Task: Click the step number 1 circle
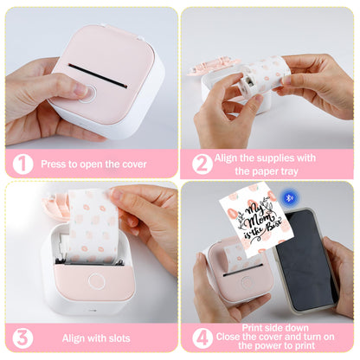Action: (22, 164)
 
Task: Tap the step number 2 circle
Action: (202, 164)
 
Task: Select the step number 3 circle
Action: (22, 337)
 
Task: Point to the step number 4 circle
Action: (202, 337)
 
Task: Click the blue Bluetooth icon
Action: (290, 197)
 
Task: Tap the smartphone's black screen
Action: (306, 260)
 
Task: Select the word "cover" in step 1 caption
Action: (134, 164)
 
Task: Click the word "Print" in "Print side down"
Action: (252, 328)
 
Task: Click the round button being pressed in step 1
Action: (87, 93)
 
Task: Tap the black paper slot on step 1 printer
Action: (98, 75)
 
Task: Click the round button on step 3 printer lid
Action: (96, 281)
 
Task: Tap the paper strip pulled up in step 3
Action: (93, 226)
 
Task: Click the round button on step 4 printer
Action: (246, 282)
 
